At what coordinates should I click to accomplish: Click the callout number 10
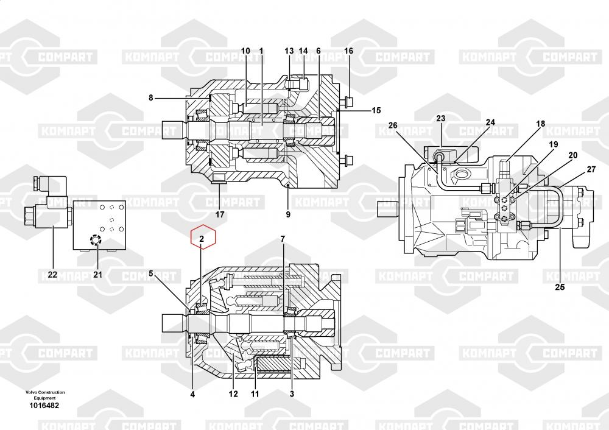pos(245,51)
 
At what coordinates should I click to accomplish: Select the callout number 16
pos(349,51)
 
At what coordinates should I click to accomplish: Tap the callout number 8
pos(150,98)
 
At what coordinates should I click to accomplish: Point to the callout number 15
pos(376,110)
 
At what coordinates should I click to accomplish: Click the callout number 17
pos(220,214)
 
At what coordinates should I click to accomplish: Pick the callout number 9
pos(288,214)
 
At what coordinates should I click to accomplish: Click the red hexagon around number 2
pos(203,237)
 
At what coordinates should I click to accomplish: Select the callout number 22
pos(52,275)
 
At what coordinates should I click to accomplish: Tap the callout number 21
pos(98,275)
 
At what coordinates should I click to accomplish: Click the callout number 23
pos(440,118)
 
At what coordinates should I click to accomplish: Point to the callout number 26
pos(393,125)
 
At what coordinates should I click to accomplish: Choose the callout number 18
pos(541,124)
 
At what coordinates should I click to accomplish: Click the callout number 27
pos(591,169)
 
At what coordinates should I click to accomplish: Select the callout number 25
pos(560,287)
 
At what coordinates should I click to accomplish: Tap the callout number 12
pos(233,394)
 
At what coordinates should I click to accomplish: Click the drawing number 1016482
pos(44,406)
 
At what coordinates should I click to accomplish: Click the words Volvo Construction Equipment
pos(45,395)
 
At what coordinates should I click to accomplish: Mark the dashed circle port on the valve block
pos(95,241)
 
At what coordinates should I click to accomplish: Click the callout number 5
pos(151,274)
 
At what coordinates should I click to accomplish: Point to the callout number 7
pos(283,239)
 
